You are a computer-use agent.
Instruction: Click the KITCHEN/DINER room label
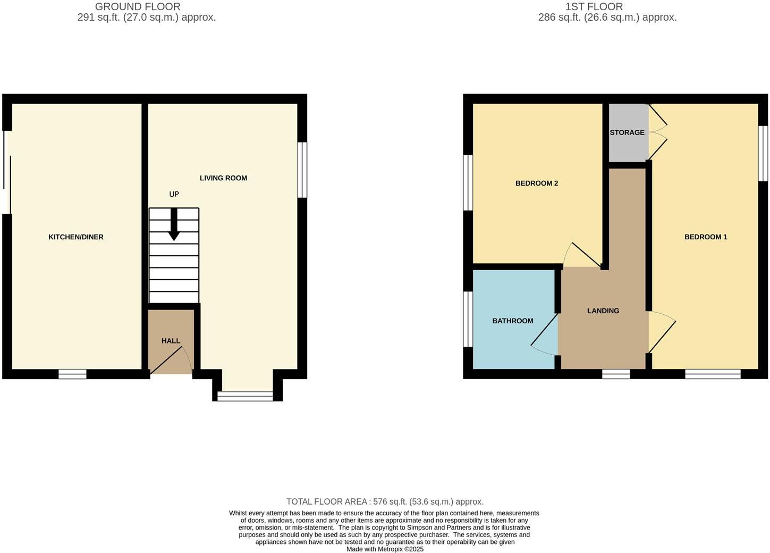point(76,237)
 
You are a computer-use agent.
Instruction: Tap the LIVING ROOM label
point(223,178)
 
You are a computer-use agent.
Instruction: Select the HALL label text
point(171,341)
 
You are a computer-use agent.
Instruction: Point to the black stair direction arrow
point(174,225)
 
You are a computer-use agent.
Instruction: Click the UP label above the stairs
point(174,195)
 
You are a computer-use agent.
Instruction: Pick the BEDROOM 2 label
point(537,183)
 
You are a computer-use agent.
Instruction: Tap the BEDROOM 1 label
point(706,237)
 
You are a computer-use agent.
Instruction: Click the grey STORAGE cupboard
point(627,133)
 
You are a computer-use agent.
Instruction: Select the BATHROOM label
point(513,321)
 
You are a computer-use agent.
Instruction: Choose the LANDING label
point(603,311)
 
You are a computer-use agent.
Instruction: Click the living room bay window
point(246,396)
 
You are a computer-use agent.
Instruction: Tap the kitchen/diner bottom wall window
point(72,374)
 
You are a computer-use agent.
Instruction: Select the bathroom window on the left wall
point(468,319)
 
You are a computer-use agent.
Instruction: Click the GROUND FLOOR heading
point(138,7)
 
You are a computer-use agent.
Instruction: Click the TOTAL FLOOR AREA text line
point(385,502)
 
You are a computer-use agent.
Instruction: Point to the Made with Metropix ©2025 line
point(385,549)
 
